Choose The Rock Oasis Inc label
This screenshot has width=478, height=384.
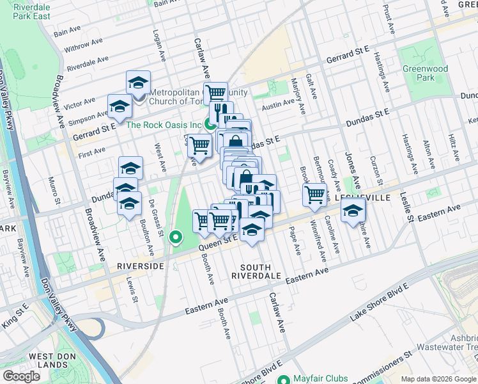(164, 125)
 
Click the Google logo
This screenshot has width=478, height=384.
(21, 377)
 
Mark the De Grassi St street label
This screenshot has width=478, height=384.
(156, 214)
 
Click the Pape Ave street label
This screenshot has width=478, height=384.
(295, 240)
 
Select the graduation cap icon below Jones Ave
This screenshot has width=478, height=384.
(353, 209)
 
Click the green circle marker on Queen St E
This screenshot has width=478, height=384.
(176, 238)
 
